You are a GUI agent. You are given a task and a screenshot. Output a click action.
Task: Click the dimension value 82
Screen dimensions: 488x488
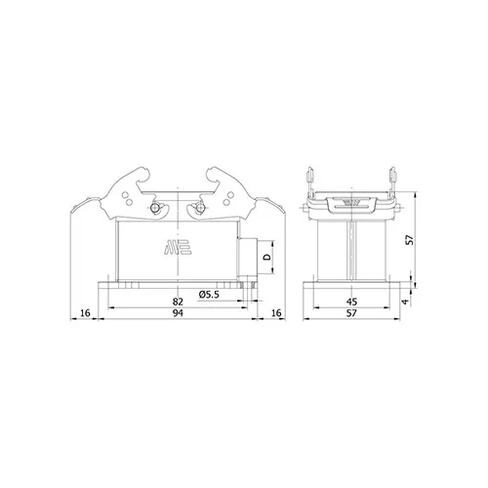coord(178,302)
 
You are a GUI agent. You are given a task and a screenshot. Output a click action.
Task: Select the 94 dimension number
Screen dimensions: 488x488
coord(178,313)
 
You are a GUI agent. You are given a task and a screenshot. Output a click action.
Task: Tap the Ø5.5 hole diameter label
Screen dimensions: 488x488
coord(209,295)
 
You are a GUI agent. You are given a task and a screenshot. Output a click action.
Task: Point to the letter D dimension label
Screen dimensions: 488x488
coord(266,257)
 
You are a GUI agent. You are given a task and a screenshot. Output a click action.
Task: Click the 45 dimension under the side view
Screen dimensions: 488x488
coord(351,302)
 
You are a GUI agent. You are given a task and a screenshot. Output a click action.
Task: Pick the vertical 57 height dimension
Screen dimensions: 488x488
coord(411,240)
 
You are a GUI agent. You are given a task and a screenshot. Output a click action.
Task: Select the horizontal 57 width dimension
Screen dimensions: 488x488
coord(351,313)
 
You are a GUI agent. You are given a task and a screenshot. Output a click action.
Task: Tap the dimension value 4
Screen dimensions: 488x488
coord(405,302)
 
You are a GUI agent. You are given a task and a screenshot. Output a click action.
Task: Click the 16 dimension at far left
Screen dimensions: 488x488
coord(85,313)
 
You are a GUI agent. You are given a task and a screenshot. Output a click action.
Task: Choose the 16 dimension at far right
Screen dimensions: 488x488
coord(276,313)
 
